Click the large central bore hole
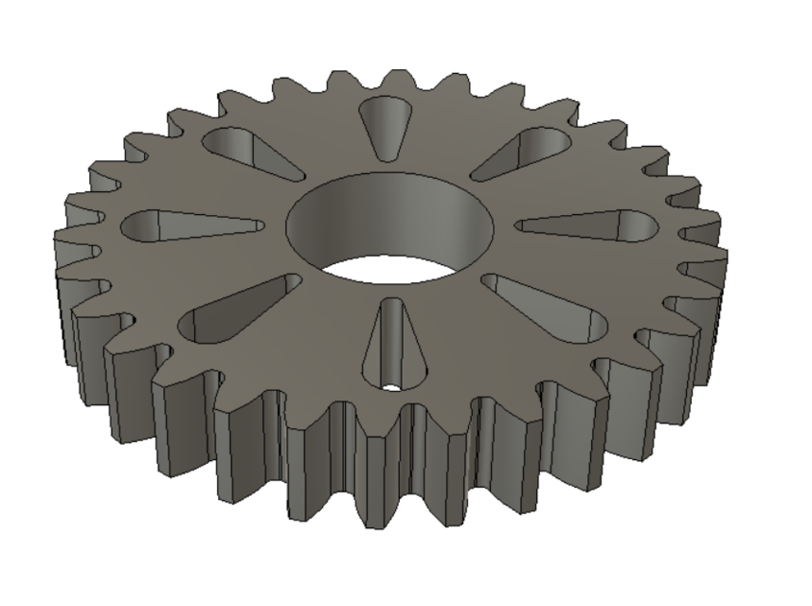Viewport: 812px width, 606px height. pos(390,227)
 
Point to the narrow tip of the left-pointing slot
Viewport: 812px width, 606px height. pos(258,227)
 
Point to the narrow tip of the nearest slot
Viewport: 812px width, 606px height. pos(390,305)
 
